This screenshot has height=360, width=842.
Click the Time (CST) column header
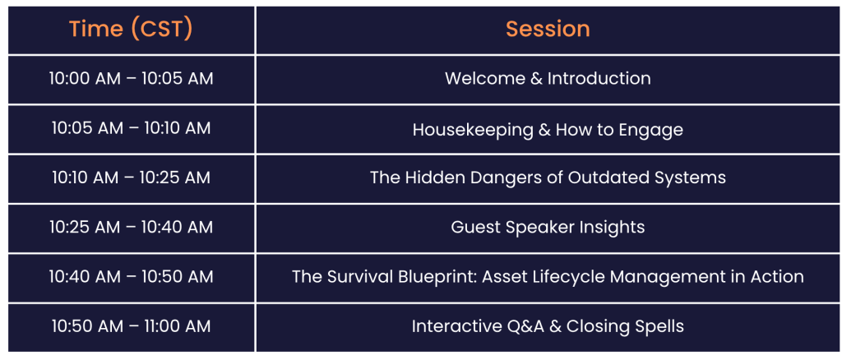(x=131, y=29)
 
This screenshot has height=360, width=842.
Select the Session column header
(x=548, y=29)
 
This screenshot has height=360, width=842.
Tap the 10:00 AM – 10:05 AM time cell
(x=131, y=79)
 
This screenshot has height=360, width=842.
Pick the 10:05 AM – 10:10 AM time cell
(x=131, y=128)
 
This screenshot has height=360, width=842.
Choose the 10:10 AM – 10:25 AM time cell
(x=131, y=178)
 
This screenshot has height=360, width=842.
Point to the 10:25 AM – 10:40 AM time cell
(x=131, y=227)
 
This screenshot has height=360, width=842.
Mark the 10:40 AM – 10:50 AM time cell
(x=131, y=277)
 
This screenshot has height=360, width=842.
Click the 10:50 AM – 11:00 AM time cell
(x=131, y=326)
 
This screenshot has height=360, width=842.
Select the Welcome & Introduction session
(x=548, y=79)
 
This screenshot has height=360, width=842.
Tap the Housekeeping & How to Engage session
(x=548, y=129)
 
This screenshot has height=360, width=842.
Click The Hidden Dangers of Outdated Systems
(x=548, y=178)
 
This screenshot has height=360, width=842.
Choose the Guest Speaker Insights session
(x=548, y=228)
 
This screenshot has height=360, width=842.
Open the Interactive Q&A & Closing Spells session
(x=548, y=327)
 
